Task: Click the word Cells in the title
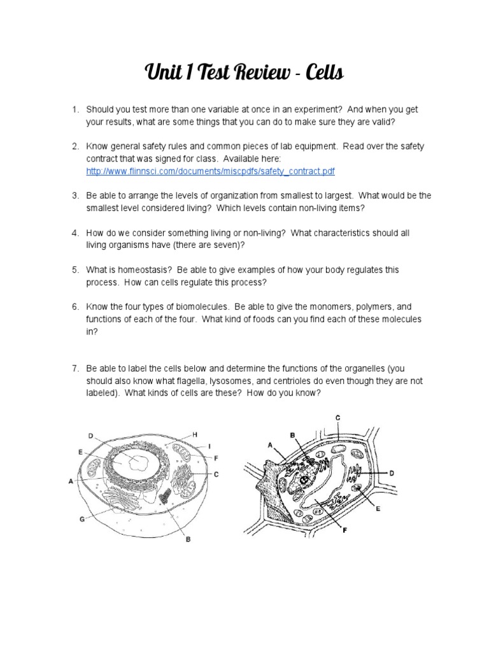point(324,74)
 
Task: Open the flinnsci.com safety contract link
point(211,172)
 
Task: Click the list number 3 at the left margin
point(74,196)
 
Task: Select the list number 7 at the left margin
point(74,368)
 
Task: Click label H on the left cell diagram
point(195,434)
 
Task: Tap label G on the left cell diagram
point(81,519)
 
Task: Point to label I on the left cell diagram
point(208,446)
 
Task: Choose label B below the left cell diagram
point(187,541)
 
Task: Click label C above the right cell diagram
point(337,416)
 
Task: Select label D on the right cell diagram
point(392,473)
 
